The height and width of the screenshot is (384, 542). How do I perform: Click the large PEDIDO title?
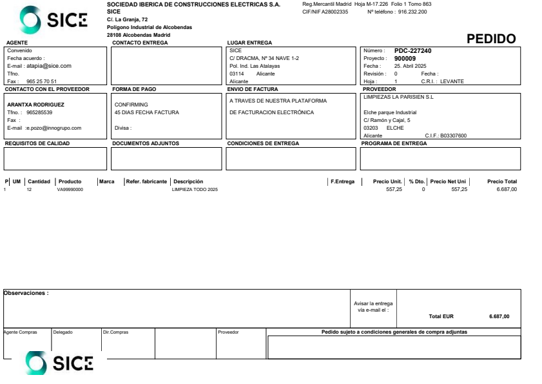(x=492, y=39)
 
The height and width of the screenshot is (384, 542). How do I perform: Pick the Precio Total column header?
(x=502, y=181)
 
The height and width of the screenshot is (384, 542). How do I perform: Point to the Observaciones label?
(x=26, y=293)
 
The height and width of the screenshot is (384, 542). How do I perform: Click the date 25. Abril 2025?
(x=409, y=66)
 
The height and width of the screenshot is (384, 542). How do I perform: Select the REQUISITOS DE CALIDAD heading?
(x=38, y=143)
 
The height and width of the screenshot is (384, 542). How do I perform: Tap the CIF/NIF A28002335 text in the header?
(x=325, y=11)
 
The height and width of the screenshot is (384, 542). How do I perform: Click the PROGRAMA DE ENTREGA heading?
(x=394, y=143)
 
